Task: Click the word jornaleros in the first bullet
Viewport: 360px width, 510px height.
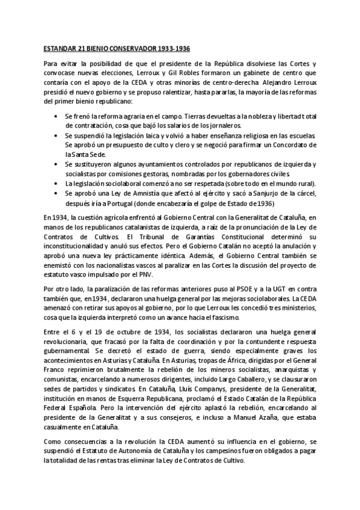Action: click(x=221, y=125)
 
